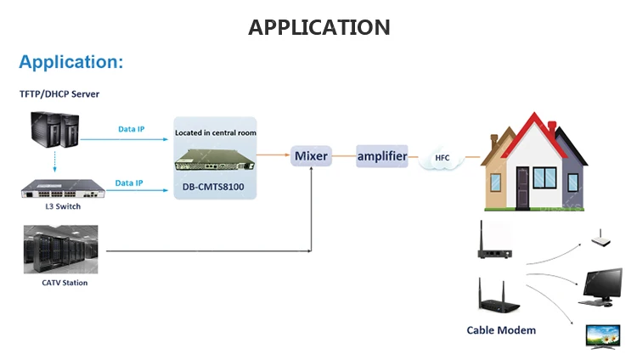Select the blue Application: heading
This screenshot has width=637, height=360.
pos(71,62)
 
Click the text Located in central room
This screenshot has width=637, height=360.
pos(215,132)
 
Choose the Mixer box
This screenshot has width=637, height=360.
pos(310,156)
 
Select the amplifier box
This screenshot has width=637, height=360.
pos(381,156)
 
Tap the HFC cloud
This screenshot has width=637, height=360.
pos(442,159)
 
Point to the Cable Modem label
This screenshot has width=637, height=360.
pos(500,330)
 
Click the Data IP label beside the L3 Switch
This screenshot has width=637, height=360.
pos(129,183)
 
